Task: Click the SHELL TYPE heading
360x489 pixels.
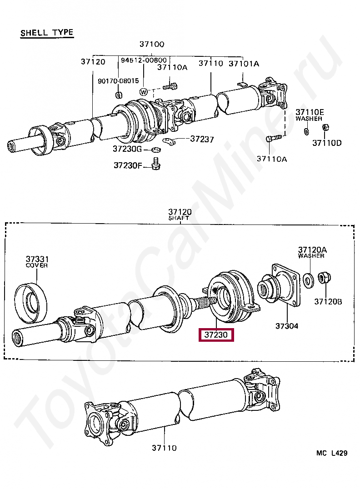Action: coord(47,33)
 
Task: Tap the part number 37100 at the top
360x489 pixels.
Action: coord(152,45)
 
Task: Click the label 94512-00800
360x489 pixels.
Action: coord(144,60)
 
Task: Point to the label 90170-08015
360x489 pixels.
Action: coord(118,81)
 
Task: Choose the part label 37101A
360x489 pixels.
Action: coord(244,64)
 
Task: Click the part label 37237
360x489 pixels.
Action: coord(202,139)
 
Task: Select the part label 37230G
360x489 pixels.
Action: coord(127,149)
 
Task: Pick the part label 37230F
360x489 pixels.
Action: coord(128,165)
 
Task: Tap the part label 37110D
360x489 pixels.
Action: coord(327,143)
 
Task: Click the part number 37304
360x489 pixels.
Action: coord(287,326)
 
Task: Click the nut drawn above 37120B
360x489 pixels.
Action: coord(324,277)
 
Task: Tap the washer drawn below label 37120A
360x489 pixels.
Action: coord(307,279)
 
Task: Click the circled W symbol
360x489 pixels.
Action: coord(144,92)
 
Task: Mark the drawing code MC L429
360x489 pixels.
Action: coord(332,453)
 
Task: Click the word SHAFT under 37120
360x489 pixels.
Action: coord(179,219)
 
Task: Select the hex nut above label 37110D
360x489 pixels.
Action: coord(325,127)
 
